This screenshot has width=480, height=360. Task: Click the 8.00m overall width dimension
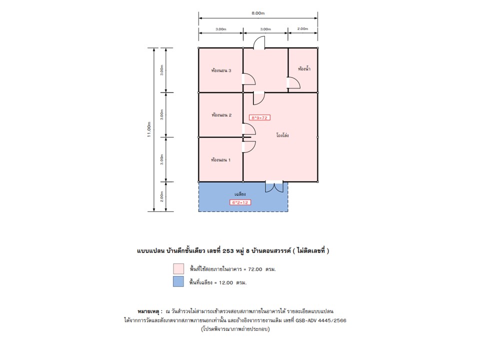258,13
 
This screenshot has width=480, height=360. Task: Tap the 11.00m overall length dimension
149,129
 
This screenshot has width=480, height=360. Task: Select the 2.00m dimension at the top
302,29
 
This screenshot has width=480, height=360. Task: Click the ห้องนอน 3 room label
221,70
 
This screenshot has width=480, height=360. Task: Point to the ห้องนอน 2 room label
221,115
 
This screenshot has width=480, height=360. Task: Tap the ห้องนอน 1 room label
220,160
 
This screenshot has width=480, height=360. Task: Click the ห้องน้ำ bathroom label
304,68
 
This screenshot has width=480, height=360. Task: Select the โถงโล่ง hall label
282,135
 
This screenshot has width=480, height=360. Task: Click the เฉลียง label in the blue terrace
240,194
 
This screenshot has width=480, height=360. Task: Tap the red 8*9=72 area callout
259,117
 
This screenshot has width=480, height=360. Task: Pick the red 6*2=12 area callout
240,202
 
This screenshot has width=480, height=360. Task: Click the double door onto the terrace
274,187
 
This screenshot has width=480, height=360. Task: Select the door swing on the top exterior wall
259,42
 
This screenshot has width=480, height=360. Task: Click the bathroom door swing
293,82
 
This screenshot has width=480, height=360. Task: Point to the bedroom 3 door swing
249,79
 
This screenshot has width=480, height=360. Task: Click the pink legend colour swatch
178,269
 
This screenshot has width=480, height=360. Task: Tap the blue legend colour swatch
178,281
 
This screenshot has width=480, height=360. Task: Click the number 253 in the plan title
228,251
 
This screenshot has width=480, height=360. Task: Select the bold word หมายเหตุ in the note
148,311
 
